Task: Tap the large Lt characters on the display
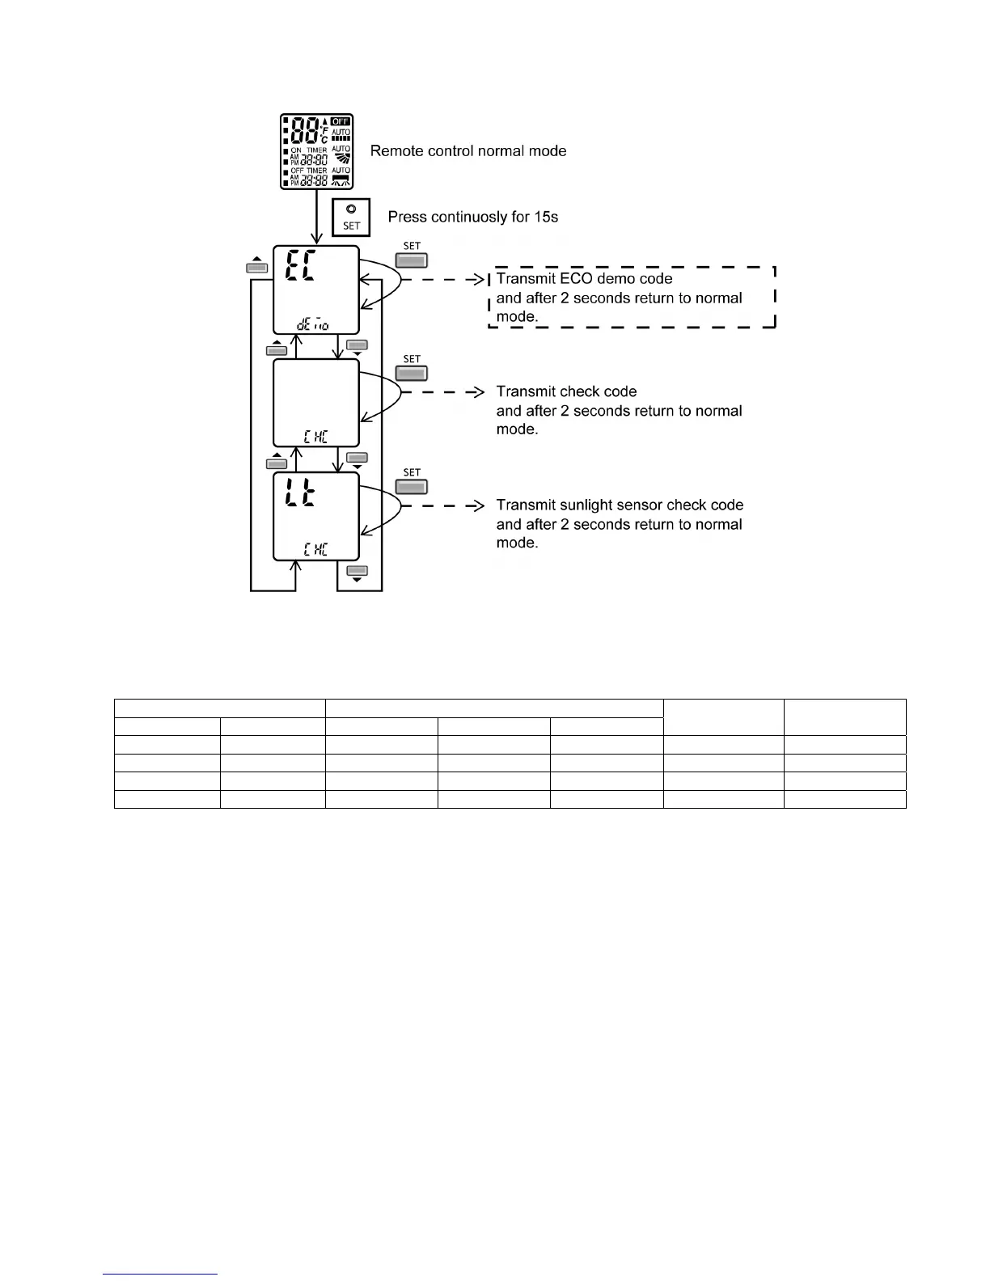(299, 493)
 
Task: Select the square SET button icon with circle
(351, 217)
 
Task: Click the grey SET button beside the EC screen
(411, 260)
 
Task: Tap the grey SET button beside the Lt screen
(411, 487)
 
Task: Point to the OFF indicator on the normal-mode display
(341, 121)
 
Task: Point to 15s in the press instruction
(541, 217)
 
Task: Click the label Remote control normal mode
(467, 151)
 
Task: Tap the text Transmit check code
(566, 391)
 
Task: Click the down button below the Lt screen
(357, 572)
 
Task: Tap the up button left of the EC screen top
(256, 267)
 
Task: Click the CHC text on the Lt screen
(315, 550)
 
